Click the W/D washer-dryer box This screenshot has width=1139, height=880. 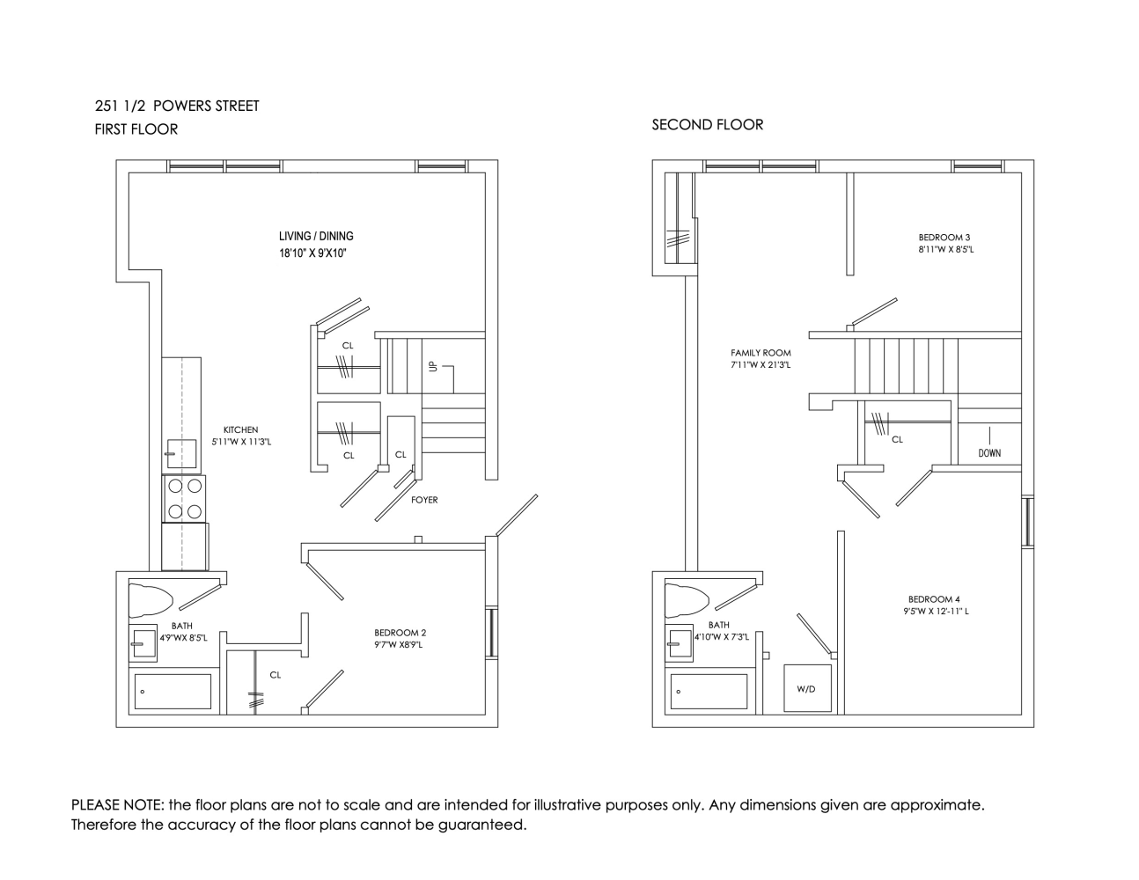pyautogui.click(x=806, y=688)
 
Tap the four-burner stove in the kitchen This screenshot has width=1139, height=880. pyautogui.click(x=184, y=498)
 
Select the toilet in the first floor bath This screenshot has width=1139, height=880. pyautogui.click(x=151, y=600)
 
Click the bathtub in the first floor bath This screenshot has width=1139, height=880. pyautogui.click(x=173, y=692)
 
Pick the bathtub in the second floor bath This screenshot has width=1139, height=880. pyautogui.click(x=709, y=692)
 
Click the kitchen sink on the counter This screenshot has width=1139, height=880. pyautogui.click(x=181, y=455)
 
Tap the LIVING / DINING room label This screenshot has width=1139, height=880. pyautogui.click(x=316, y=236)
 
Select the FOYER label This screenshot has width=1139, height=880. pyautogui.click(x=424, y=500)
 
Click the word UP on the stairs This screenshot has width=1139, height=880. pyautogui.click(x=432, y=366)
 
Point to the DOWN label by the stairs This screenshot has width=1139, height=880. pyautogui.click(x=988, y=453)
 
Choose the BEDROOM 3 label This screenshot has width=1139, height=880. pyautogui.click(x=944, y=238)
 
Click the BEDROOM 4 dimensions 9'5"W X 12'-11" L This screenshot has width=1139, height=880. pyautogui.click(x=936, y=612)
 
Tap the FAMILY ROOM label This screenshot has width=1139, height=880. pyautogui.click(x=761, y=353)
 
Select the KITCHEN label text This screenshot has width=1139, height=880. pyautogui.click(x=241, y=429)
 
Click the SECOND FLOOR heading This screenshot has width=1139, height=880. pyautogui.click(x=707, y=125)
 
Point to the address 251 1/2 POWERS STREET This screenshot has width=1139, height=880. pyautogui.click(x=177, y=106)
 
